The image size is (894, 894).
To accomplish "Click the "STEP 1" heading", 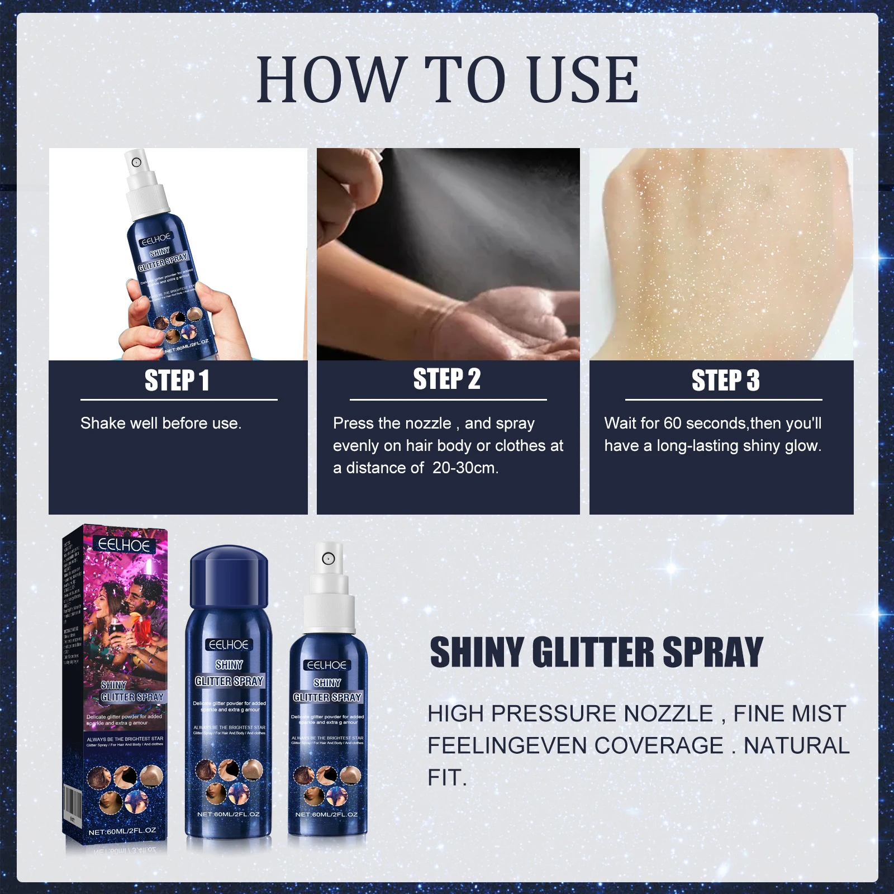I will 177,381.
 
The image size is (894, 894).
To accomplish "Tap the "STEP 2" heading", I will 447,379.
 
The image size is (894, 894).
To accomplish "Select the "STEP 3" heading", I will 725,381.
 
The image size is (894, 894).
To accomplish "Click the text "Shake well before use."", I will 161,424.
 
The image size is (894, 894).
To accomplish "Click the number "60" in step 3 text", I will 673,424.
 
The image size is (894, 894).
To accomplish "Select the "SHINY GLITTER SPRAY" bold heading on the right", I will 596,652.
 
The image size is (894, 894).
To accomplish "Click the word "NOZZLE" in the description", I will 668,714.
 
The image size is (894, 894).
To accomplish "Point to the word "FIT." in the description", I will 447,778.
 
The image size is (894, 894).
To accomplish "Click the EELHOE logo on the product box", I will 123,545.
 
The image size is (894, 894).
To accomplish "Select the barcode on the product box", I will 73,805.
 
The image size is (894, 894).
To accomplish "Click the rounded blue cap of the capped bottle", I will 229,578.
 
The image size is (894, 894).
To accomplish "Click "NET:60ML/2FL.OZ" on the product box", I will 122,831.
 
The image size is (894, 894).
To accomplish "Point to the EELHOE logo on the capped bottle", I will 228,645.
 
